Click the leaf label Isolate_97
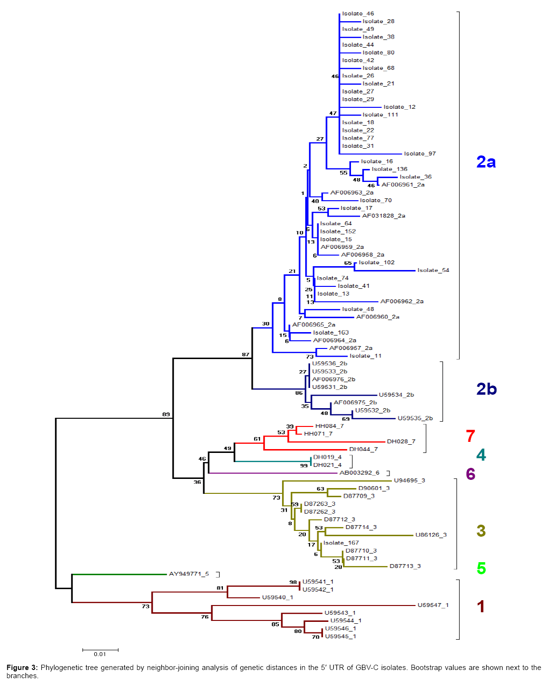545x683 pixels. [420, 154]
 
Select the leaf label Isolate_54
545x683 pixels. [433, 270]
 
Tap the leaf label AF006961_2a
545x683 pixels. [403, 185]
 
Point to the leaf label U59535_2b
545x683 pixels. [415, 418]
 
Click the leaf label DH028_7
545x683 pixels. [401, 441]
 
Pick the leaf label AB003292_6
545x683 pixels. [359, 473]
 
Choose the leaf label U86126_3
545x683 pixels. [431, 535]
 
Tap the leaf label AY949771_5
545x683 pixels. [189, 574]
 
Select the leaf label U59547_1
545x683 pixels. [433, 605]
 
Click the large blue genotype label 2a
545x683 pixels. [486, 162]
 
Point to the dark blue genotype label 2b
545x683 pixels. [486, 389]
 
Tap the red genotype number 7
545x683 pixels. [470, 436]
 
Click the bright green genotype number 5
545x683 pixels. [481, 568]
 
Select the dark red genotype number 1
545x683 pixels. [480, 606]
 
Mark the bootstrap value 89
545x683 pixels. [166, 414]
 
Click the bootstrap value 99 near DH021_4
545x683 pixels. [304, 465]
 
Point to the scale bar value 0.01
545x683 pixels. [100, 654]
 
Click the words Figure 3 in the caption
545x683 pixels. [22, 668]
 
